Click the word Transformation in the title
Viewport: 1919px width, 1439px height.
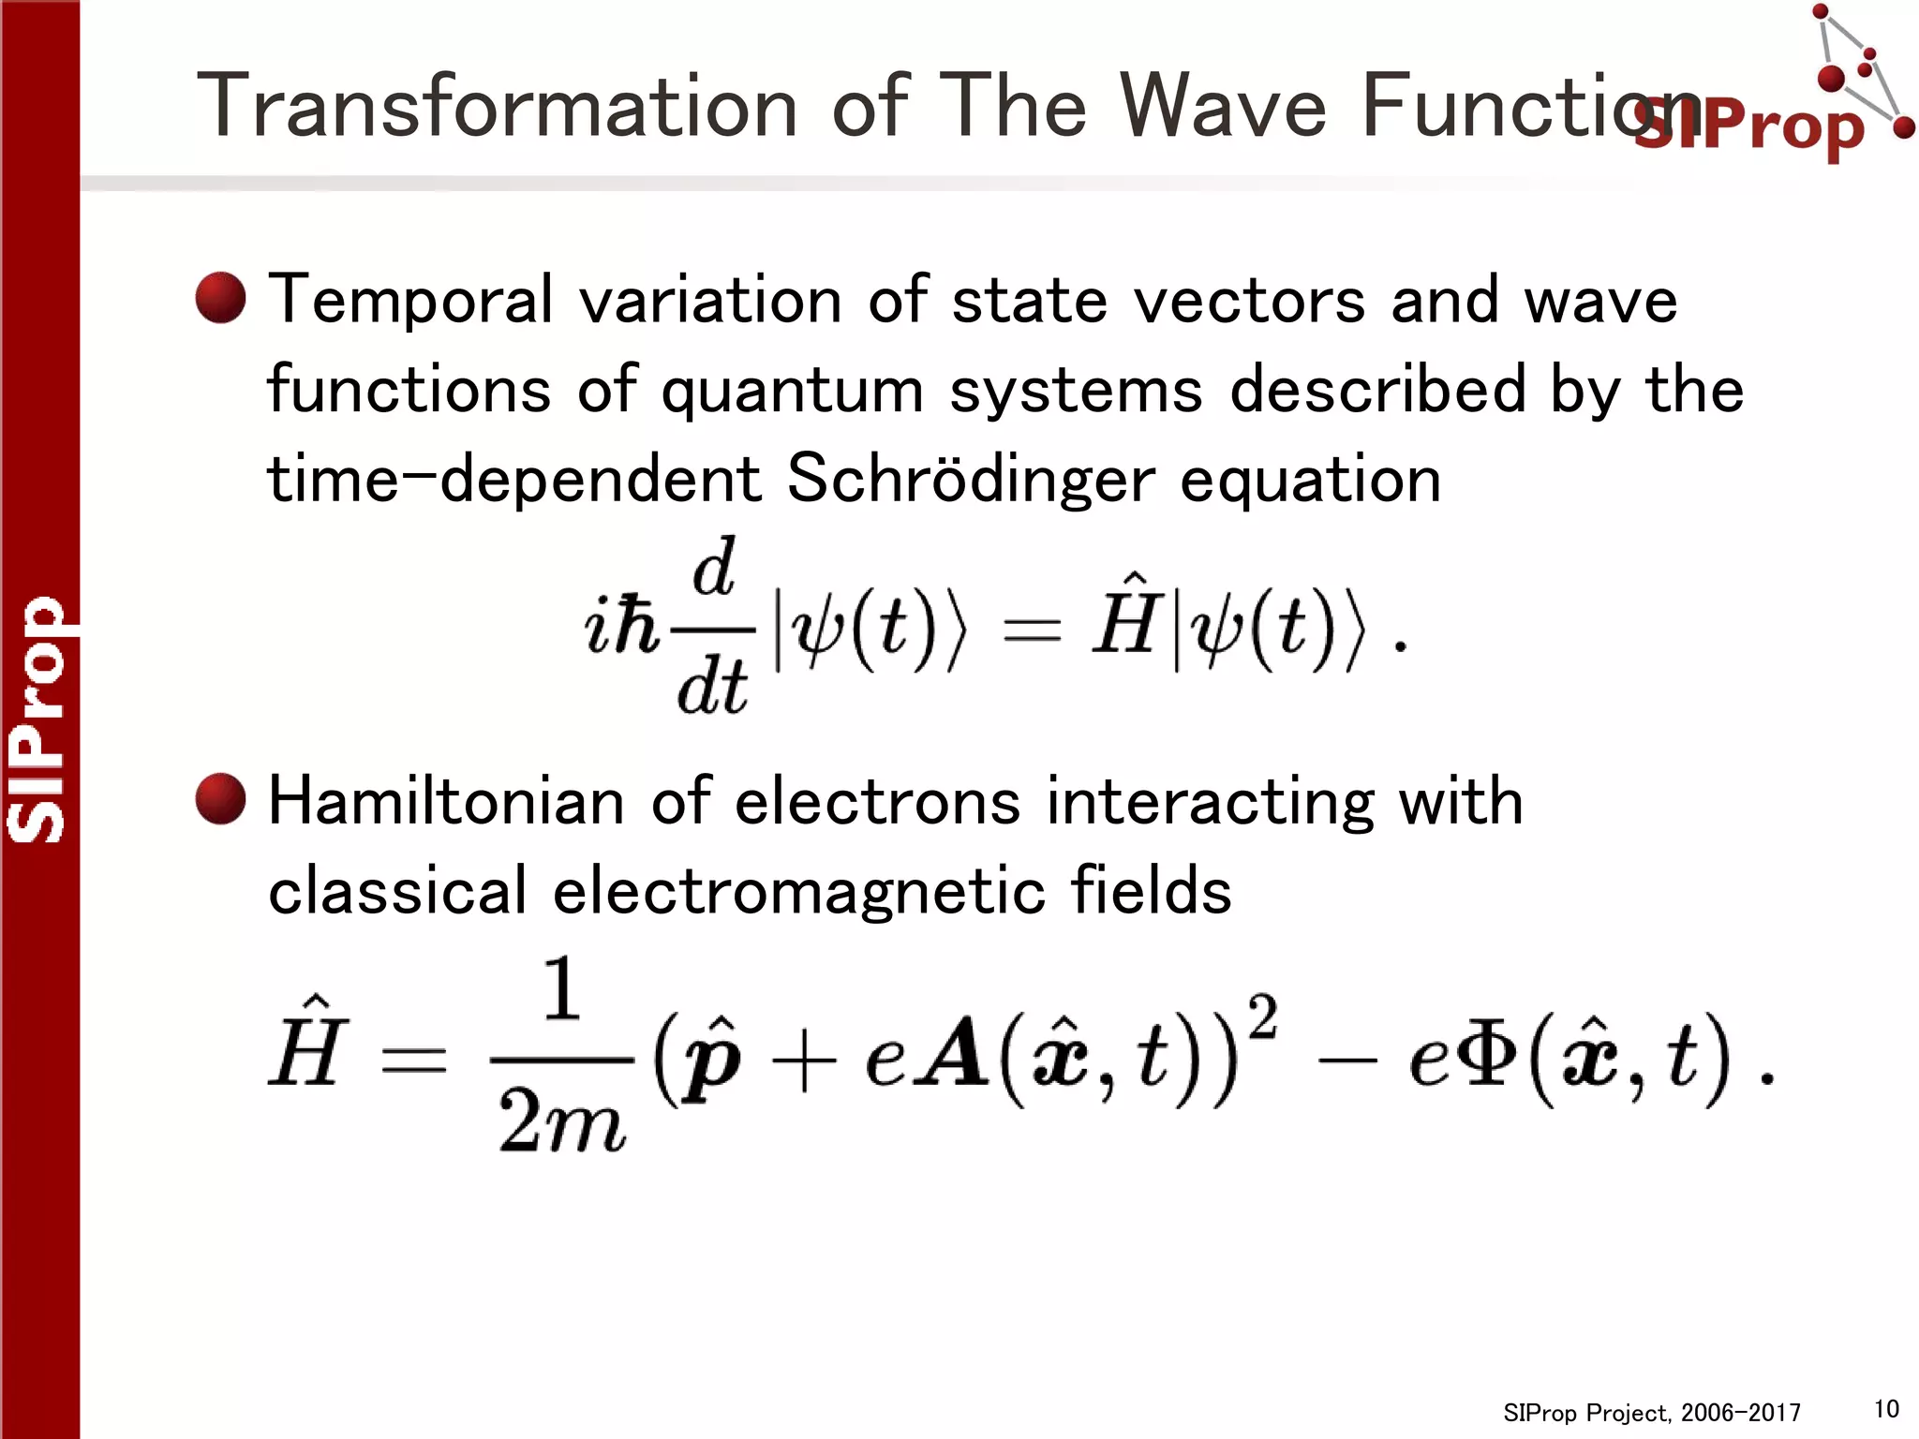click(x=497, y=106)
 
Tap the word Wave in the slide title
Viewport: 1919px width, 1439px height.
click(x=1223, y=106)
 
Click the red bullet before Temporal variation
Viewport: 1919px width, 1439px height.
click(x=221, y=298)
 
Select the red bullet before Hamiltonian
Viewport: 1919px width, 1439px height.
click(x=221, y=799)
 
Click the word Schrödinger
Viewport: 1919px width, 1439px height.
click(x=970, y=479)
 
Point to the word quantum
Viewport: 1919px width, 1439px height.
click(x=793, y=391)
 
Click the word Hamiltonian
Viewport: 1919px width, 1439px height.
click(x=446, y=802)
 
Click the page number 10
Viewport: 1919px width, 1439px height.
click(x=1885, y=1408)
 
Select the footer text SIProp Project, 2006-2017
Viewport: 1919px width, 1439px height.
click(x=1651, y=1413)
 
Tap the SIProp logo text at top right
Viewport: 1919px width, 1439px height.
click(x=1748, y=126)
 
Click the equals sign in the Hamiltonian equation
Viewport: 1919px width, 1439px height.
click(x=412, y=1059)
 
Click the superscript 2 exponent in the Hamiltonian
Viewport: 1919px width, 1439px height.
click(x=1262, y=1016)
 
